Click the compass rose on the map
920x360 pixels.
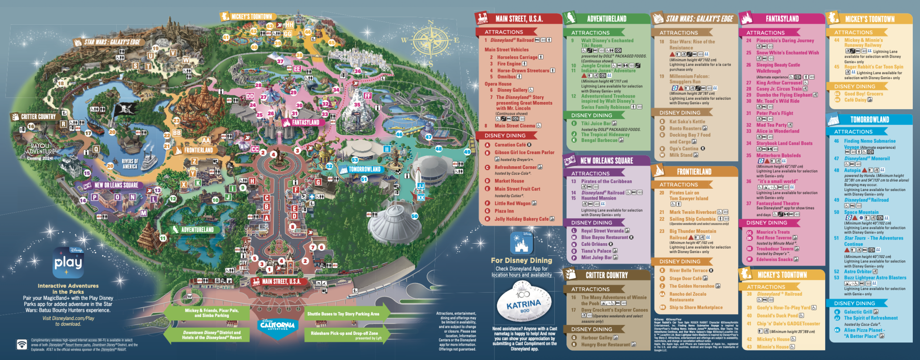coord(430,41)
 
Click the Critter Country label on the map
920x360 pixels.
coord(38,117)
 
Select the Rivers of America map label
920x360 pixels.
coord(130,164)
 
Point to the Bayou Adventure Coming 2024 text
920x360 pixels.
coord(40,152)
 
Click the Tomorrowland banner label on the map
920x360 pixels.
coord(364,169)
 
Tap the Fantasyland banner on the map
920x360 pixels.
coord(305,122)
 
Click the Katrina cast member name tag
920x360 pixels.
coord(524,305)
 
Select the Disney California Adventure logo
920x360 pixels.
coord(277,325)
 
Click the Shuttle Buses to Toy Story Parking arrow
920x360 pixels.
coord(344,314)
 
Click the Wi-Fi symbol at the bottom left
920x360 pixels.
coord(22,344)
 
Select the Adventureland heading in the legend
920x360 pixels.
coord(606,19)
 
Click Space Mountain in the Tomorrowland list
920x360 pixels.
coord(861,212)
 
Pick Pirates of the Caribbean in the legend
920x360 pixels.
coord(606,182)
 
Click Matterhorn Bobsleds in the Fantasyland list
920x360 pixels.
coord(778,156)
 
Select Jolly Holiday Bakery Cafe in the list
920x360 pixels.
coord(521,219)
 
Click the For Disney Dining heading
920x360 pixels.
coord(521,260)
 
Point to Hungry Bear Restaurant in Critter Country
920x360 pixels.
coord(605,345)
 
